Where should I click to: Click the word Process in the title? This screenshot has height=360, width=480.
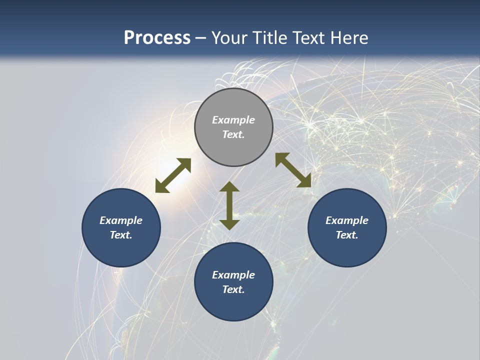click(x=157, y=38)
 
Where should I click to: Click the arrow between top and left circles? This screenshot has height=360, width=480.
click(x=173, y=175)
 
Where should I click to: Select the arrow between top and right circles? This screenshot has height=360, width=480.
click(x=293, y=170)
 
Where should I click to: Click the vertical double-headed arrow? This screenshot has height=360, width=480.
click(x=229, y=205)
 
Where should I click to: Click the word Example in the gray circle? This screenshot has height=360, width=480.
click(x=233, y=120)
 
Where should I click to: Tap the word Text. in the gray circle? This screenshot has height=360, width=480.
click(x=233, y=134)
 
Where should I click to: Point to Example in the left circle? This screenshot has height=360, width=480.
click(x=121, y=220)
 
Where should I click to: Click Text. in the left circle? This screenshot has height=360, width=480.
click(x=121, y=235)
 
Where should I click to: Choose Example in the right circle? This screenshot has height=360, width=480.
click(x=347, y=220)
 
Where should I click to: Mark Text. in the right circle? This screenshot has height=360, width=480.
click(x=347, y=235)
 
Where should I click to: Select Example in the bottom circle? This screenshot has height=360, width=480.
click(x=233, y=275)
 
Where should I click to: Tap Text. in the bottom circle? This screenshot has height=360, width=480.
click(x=233, y=289)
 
